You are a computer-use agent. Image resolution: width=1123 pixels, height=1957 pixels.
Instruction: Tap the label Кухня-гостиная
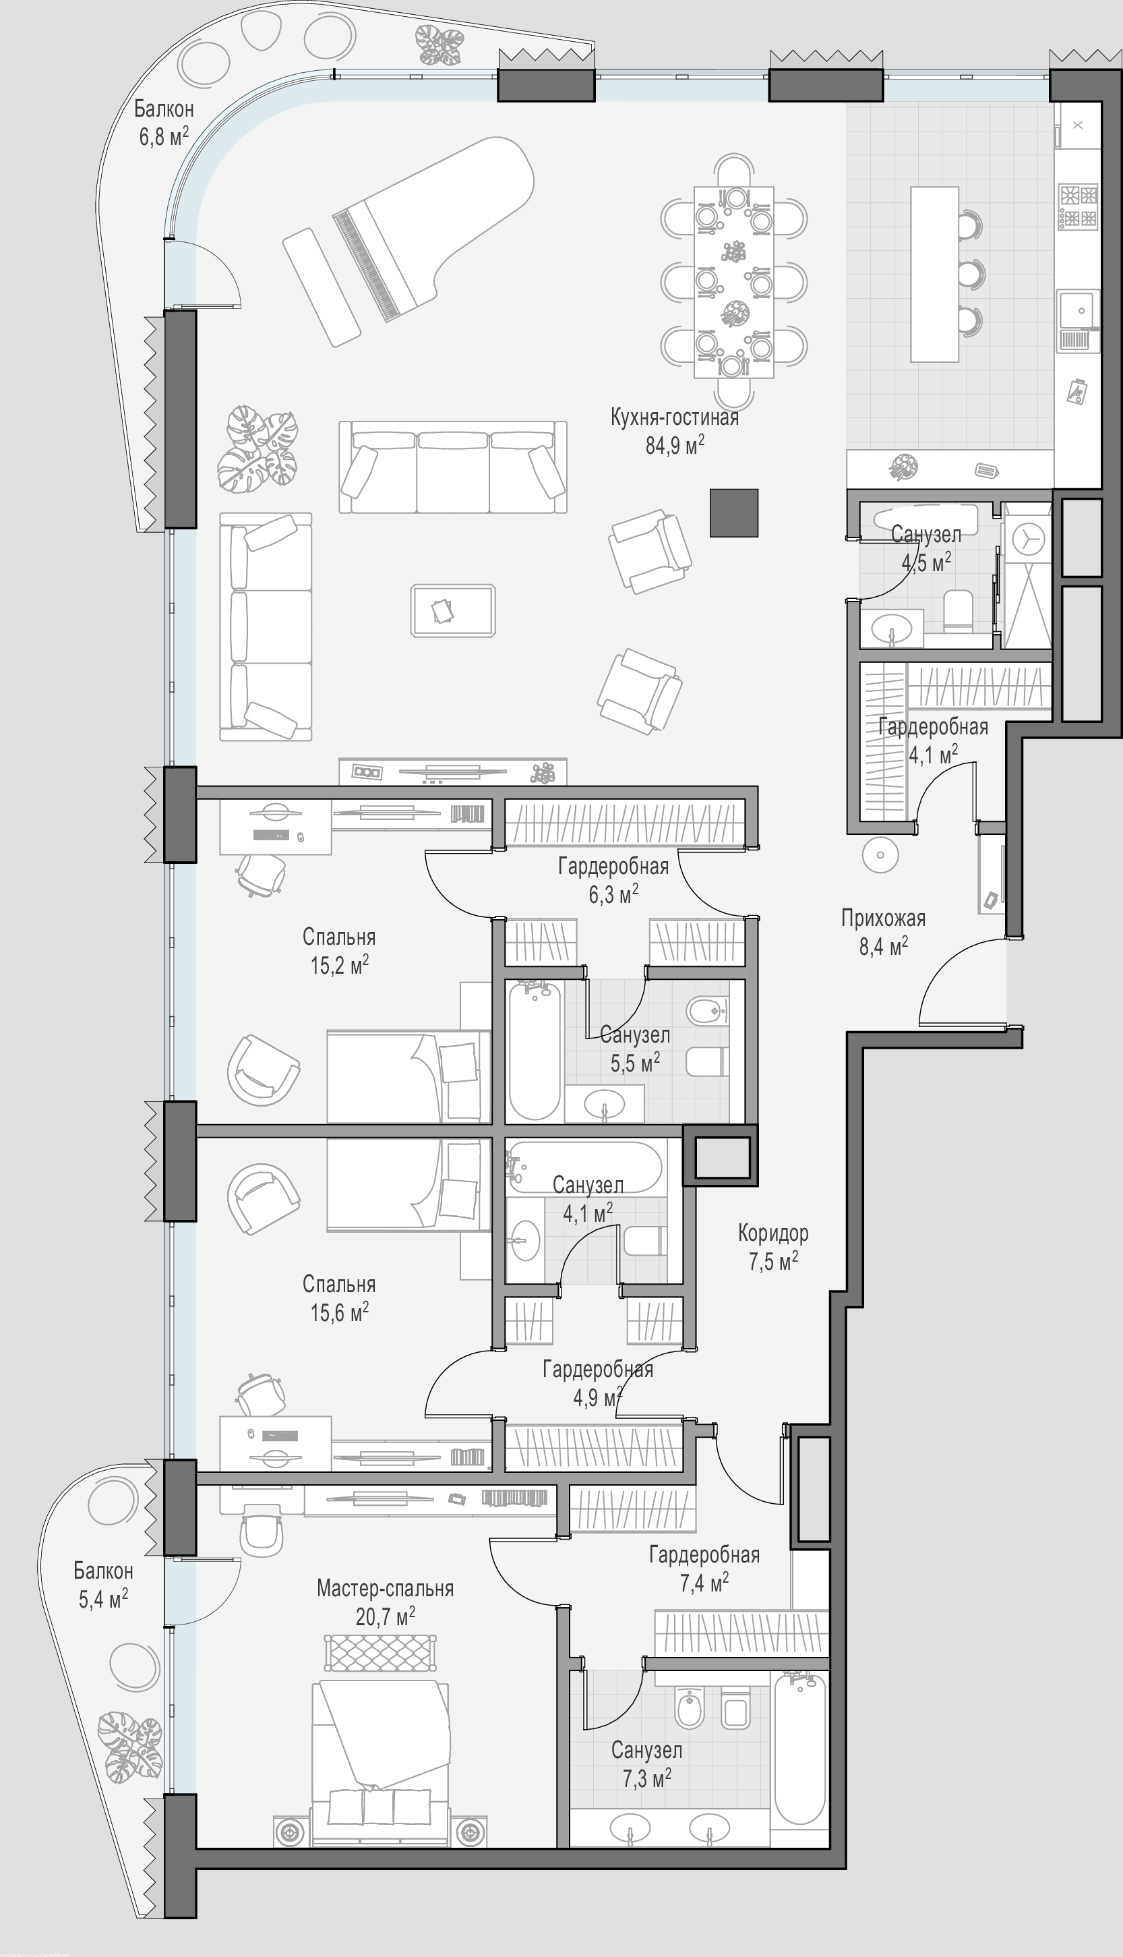click(674, 417)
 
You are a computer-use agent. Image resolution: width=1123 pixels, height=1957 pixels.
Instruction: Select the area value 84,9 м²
click(675, 445)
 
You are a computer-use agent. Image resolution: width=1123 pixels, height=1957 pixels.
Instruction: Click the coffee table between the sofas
click(453, 610)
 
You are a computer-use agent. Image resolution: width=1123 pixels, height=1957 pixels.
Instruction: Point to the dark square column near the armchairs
click(734, 513)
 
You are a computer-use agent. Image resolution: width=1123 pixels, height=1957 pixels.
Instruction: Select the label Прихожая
click(883, 918)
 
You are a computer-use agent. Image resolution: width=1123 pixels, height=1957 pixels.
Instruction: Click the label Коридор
click(773, 1233)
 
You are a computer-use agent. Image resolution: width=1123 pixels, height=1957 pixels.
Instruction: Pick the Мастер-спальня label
click(385, 1588)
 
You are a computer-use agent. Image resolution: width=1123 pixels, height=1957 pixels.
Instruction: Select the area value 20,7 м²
click(385, 1617)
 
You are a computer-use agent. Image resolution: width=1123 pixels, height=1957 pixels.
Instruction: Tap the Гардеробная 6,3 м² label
click(613, 880)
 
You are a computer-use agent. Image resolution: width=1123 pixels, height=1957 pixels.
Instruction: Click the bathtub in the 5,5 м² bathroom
click(535, 1050)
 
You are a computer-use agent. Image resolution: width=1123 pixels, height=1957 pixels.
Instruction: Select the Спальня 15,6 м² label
click(339, 1298)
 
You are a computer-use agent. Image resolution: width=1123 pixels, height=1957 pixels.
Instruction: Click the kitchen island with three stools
click(935, 274)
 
